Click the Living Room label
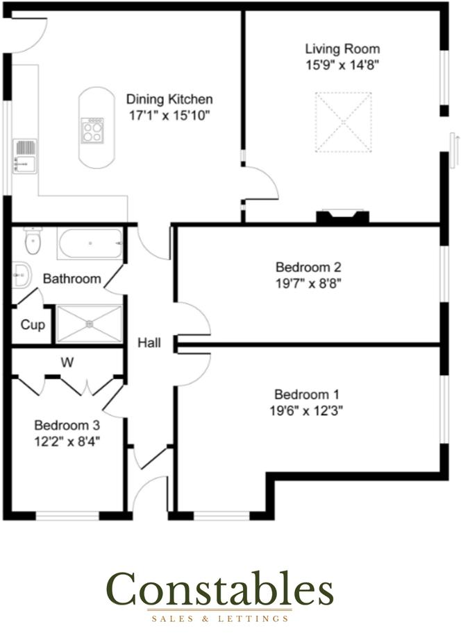[x=342, y=49]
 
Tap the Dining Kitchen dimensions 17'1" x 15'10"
[x=169, y=115]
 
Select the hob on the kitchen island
[x=92, y=130]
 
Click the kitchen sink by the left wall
[x=24, y=156]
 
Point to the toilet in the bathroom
[x=32, y=241]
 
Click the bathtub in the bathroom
[x=91, y=243]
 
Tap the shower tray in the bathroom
[x=89, y=324]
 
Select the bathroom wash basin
[x=21, y=275]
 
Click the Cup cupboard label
[x=33, y=324]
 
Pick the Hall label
[x=149, y=342]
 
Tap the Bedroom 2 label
[x=308, y=267]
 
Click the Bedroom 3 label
[x=67, y=424]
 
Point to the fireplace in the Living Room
[x=342, y=216]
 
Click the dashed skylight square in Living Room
[x=342, y=121]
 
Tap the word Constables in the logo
[x=220, y=589]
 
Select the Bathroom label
[x=72, y=279]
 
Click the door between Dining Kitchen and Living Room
[x=260, y=183]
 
